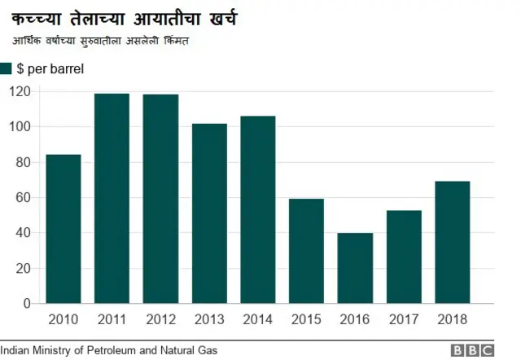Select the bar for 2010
coord(63,229)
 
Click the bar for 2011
coord(112,199)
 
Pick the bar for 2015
coord(306,251)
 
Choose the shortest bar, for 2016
coord(355,268)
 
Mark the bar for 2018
coord(453,242)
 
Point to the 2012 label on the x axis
coord(160,318)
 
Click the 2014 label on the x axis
coord(258,318)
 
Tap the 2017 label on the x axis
coord(404,318)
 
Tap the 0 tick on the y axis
coord(25,304)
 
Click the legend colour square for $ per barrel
coord(6,69)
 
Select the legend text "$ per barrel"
coord(50,69)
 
